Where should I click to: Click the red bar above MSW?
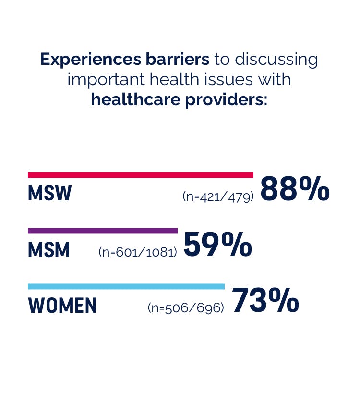(x=140, y=175)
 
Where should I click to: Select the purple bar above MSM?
(x=103, y=231)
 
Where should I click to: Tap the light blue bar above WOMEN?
(x=126, y=286)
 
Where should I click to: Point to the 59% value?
(x=217, y=246)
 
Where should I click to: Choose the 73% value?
(x=265, y=301)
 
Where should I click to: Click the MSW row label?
(x=50, y=193)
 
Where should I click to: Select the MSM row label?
(x=49, y=250)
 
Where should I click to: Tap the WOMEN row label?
(x=62, y=306)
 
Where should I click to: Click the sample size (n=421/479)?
(x=218, y=196)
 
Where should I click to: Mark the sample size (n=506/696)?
(x=186, y=307)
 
